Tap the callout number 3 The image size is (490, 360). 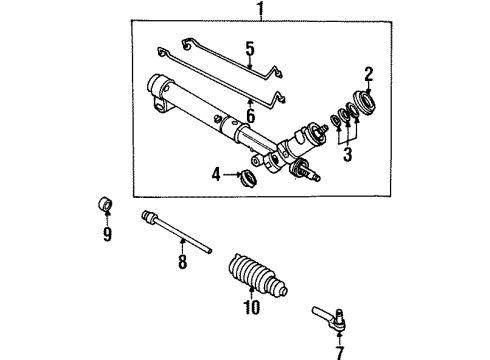(x=347, y=155)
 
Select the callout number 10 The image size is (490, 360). (x=251, y=308)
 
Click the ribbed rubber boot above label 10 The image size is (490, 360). (x=253, y=268)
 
